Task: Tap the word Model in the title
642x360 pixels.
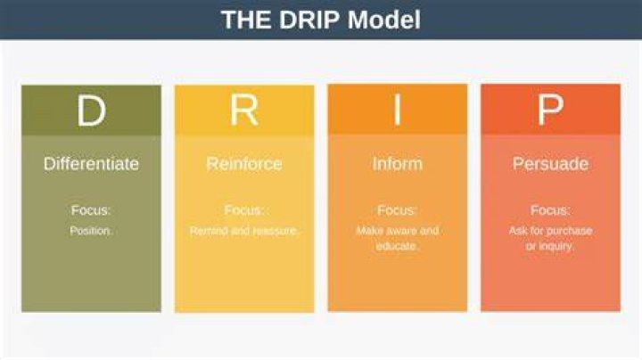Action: click(x=384, y=20)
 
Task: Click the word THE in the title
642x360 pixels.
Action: click(x=246, y=20)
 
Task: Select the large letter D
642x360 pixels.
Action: click(x=91, y=110)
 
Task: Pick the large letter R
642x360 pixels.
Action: click(x=244, y=110)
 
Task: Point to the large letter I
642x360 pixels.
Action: click(x=397, y=110)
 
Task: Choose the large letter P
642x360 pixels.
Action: click(x=550, y=110)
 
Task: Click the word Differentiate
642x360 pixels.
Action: click(x=91, y=164)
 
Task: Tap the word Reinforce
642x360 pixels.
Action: click(x=244, y=164)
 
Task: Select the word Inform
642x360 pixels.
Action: click(x=397, y=164)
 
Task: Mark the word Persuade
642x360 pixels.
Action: click(x=551, y=164)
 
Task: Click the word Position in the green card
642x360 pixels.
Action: click(x=90, y=231)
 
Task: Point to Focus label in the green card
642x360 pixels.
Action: click(x=91, y=210)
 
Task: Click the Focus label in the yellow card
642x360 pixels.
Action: click(x=244, y=210)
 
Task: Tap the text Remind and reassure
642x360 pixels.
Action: click(x=244, y=231)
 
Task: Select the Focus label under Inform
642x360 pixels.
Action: click(x=396, y=210)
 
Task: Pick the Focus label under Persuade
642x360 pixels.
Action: click(x=550, y=210)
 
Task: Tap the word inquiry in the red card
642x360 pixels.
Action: click(x=556, y=246)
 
